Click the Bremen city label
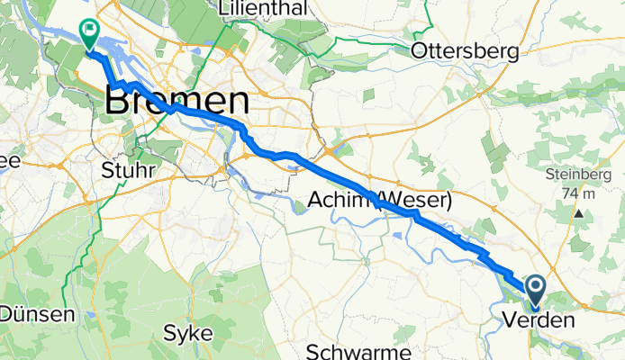[x=177, y=100]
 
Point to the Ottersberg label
[x=465, y=51]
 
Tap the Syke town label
[x=188, y=333]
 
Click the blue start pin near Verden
[x=535, y=289]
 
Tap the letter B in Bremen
[x=118, y=100]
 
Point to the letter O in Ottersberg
[x=418, y=51]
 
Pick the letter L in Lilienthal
[x=225, y=8]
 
